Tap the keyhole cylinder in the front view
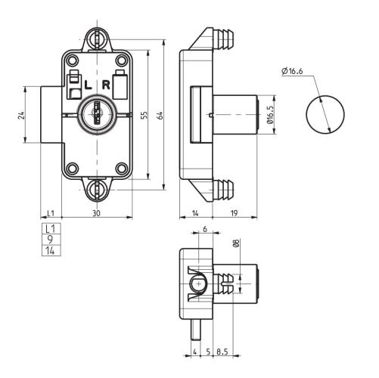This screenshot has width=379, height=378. [x=95, y=116]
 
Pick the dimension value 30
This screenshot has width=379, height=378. [x=96, y=214]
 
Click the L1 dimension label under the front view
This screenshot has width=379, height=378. [x=51, y=214]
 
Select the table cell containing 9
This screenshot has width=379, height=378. [x=51, y=239]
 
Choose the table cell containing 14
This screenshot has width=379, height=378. [x=51, y=249]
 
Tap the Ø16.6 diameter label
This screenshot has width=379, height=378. [x=292, y=71]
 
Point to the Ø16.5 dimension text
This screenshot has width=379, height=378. [x=270, y=115]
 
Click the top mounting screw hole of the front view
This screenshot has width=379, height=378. [x=95, y=36]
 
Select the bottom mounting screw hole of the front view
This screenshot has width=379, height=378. [x=95, y=188]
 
